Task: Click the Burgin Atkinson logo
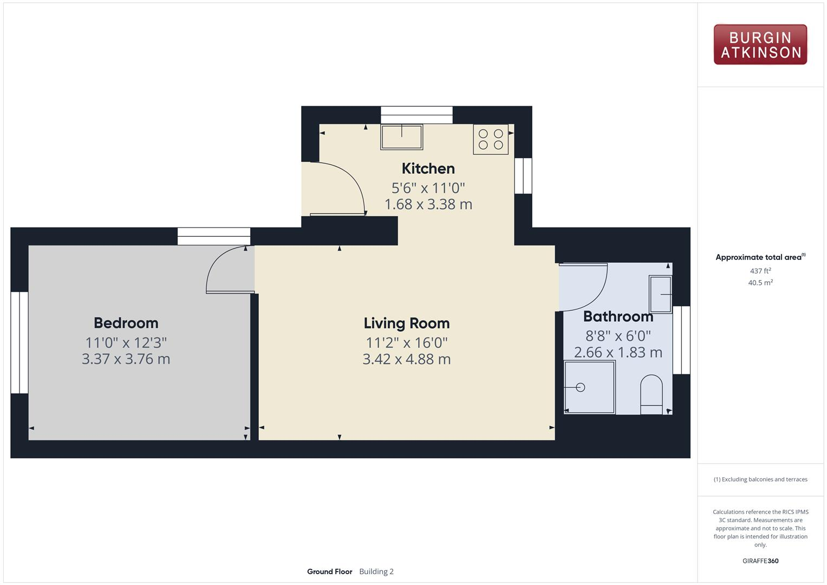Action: pos(760,44)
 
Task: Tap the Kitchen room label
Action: pos(428,168)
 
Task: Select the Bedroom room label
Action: pos(126,323)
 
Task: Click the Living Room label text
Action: pos(406,323)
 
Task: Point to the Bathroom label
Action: pos(618,316)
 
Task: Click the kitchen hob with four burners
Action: pos(491,139)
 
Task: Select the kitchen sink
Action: pos(401,136)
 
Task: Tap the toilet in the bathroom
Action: pos(651,395)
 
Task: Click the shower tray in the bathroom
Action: pos(589,387)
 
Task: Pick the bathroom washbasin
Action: pos(660,294)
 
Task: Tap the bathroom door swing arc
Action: pos(588,287)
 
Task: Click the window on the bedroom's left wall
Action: pos(19,342)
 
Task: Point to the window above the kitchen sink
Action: pos(416,115)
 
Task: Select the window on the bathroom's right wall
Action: pos(681,340)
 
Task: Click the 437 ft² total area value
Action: pos(760,271)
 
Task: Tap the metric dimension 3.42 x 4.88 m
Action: pos(406,359)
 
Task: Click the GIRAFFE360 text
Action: pos(760,561)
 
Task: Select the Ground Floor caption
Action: pos(329,571)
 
